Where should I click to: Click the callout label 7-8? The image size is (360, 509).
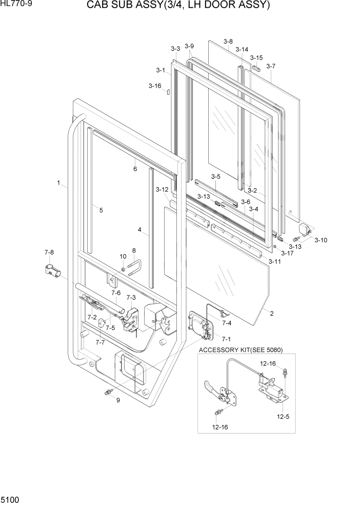tap(49, 252)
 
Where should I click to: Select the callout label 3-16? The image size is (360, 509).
tap(155, 86)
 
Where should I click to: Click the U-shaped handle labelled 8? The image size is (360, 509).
tap(134, 266)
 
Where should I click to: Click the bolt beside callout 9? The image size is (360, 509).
tap(108, 393)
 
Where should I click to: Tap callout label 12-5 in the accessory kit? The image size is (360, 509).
tap(284, 417)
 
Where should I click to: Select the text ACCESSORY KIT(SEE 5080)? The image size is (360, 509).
tap(241, 350)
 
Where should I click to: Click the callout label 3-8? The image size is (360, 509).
tap(228, 42)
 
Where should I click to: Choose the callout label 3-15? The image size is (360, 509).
tap(256, 58)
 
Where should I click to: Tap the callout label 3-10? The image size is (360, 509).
tap(321, 240)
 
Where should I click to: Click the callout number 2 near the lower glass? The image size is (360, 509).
tap(271, 314)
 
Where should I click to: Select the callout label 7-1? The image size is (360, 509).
tap(226, 339)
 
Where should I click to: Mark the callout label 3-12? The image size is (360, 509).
tap(162, 190)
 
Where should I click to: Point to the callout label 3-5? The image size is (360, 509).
tap(216, 177)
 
